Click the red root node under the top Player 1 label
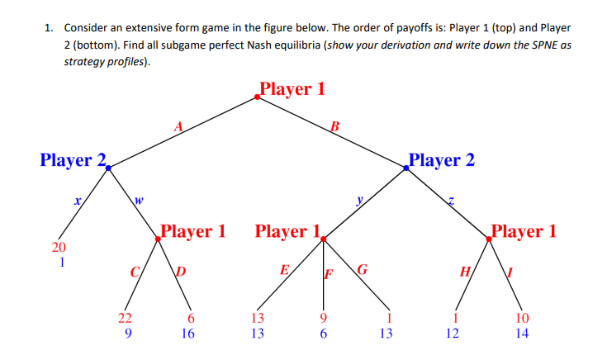(258, 97)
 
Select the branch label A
(178, 126)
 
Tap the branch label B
(334, 126)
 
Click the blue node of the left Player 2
(108, 168)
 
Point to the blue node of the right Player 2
(405, 168)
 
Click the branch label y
(359, 200)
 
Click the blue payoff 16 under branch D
(189, 334)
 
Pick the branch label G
(362, 269)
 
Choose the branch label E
(284, 269)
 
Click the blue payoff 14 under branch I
(519, 334)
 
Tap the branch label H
(464, 272)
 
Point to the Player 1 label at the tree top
(292, 88)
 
